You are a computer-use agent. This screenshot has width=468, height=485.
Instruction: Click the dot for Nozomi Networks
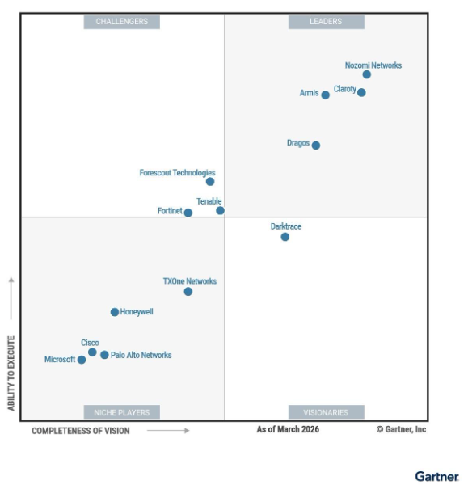point(366,74)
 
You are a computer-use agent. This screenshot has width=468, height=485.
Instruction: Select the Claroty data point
point(361,92)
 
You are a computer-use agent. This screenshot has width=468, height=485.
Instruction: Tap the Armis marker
point(326,95)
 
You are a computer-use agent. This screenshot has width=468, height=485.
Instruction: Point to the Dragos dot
point(316,145)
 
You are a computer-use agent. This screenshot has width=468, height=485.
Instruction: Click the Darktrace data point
point(285,237)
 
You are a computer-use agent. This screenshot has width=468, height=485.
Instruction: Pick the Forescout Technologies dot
point(210,182)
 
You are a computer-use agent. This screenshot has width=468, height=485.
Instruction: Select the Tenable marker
point(220,211)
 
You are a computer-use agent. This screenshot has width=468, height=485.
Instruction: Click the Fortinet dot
point(188,213)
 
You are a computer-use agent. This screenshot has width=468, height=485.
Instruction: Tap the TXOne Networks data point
point(188,292)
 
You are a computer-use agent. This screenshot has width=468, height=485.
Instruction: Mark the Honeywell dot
point(115,312)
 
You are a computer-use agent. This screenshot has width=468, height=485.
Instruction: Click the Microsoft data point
point(82,360)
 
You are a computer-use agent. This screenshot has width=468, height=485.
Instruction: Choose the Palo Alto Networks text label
point(141,355)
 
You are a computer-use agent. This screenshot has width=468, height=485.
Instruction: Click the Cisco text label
point(90,343)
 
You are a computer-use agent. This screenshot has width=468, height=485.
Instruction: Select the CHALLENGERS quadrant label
point(122,22)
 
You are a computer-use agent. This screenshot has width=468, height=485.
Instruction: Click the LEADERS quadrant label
point(326,22)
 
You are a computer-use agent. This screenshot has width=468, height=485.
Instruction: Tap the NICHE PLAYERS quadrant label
point(122,412)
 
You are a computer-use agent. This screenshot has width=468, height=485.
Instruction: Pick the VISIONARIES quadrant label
point(326,412)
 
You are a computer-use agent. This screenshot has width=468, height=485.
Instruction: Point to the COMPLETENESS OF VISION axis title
point(80,431)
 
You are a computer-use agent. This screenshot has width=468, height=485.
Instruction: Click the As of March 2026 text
point(288,429)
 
